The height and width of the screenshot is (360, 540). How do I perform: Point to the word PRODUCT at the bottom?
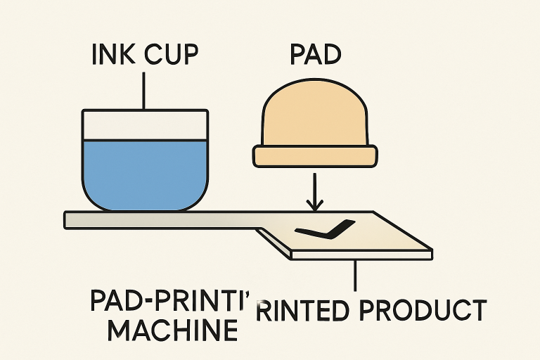click(x=431, y=310)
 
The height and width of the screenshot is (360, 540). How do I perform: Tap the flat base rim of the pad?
click(x=316, y=156)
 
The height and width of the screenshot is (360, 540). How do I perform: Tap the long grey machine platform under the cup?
click(x=162, y=219)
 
